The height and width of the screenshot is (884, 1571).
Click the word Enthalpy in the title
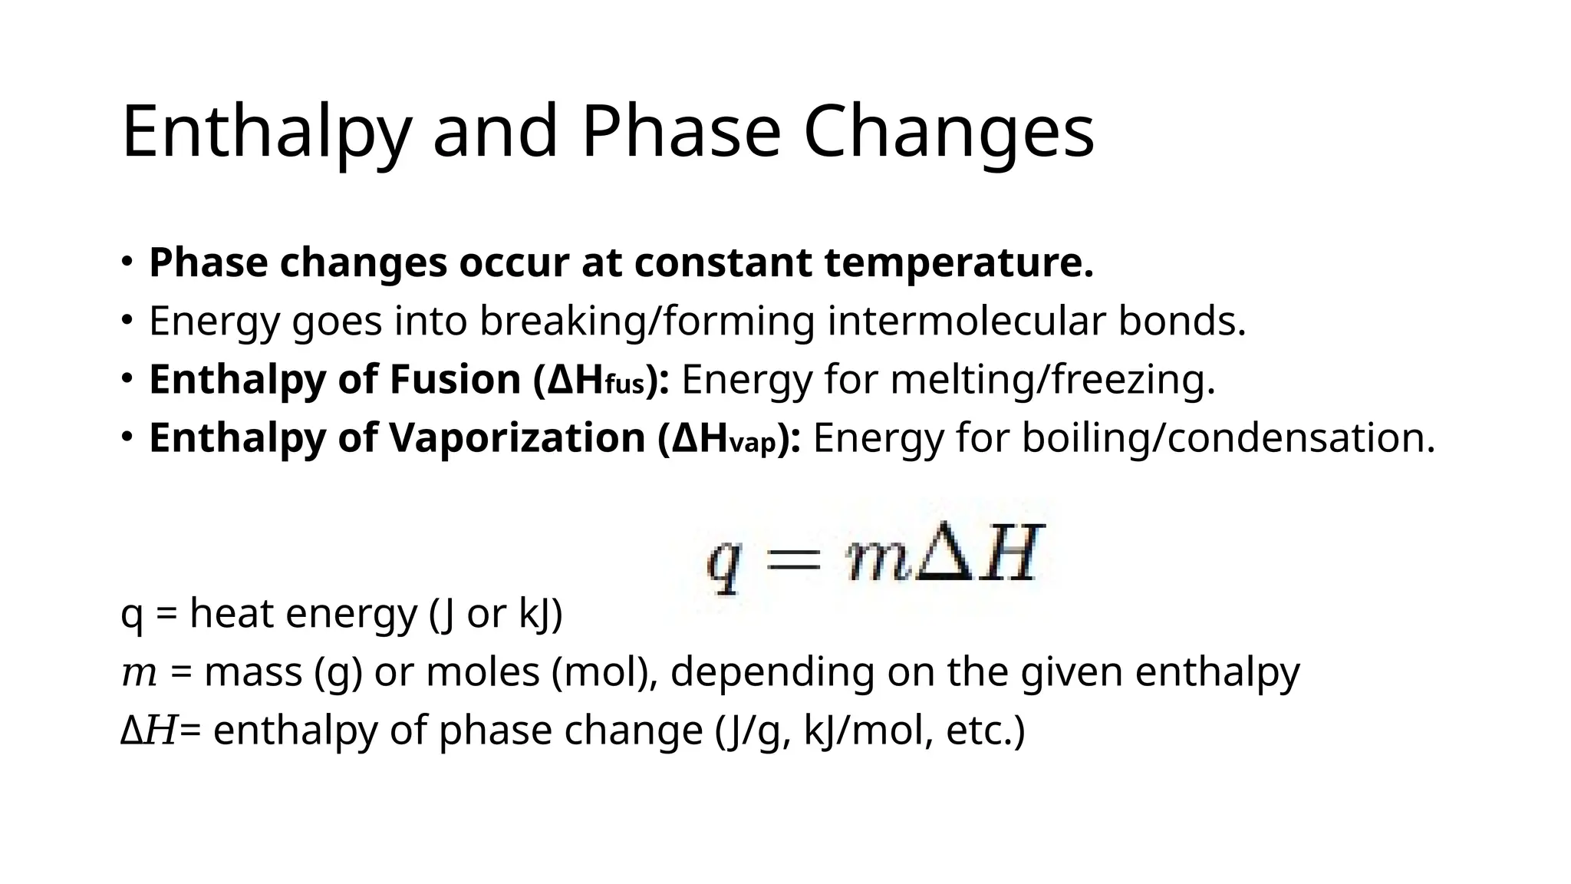point(265,132)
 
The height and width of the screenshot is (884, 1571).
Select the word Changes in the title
point(948,132)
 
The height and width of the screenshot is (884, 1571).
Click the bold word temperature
point(959,262)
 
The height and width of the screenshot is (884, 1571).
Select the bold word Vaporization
point(517,437)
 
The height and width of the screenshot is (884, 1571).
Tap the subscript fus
point(624,384)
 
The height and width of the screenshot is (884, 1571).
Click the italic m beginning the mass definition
point(139,674)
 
